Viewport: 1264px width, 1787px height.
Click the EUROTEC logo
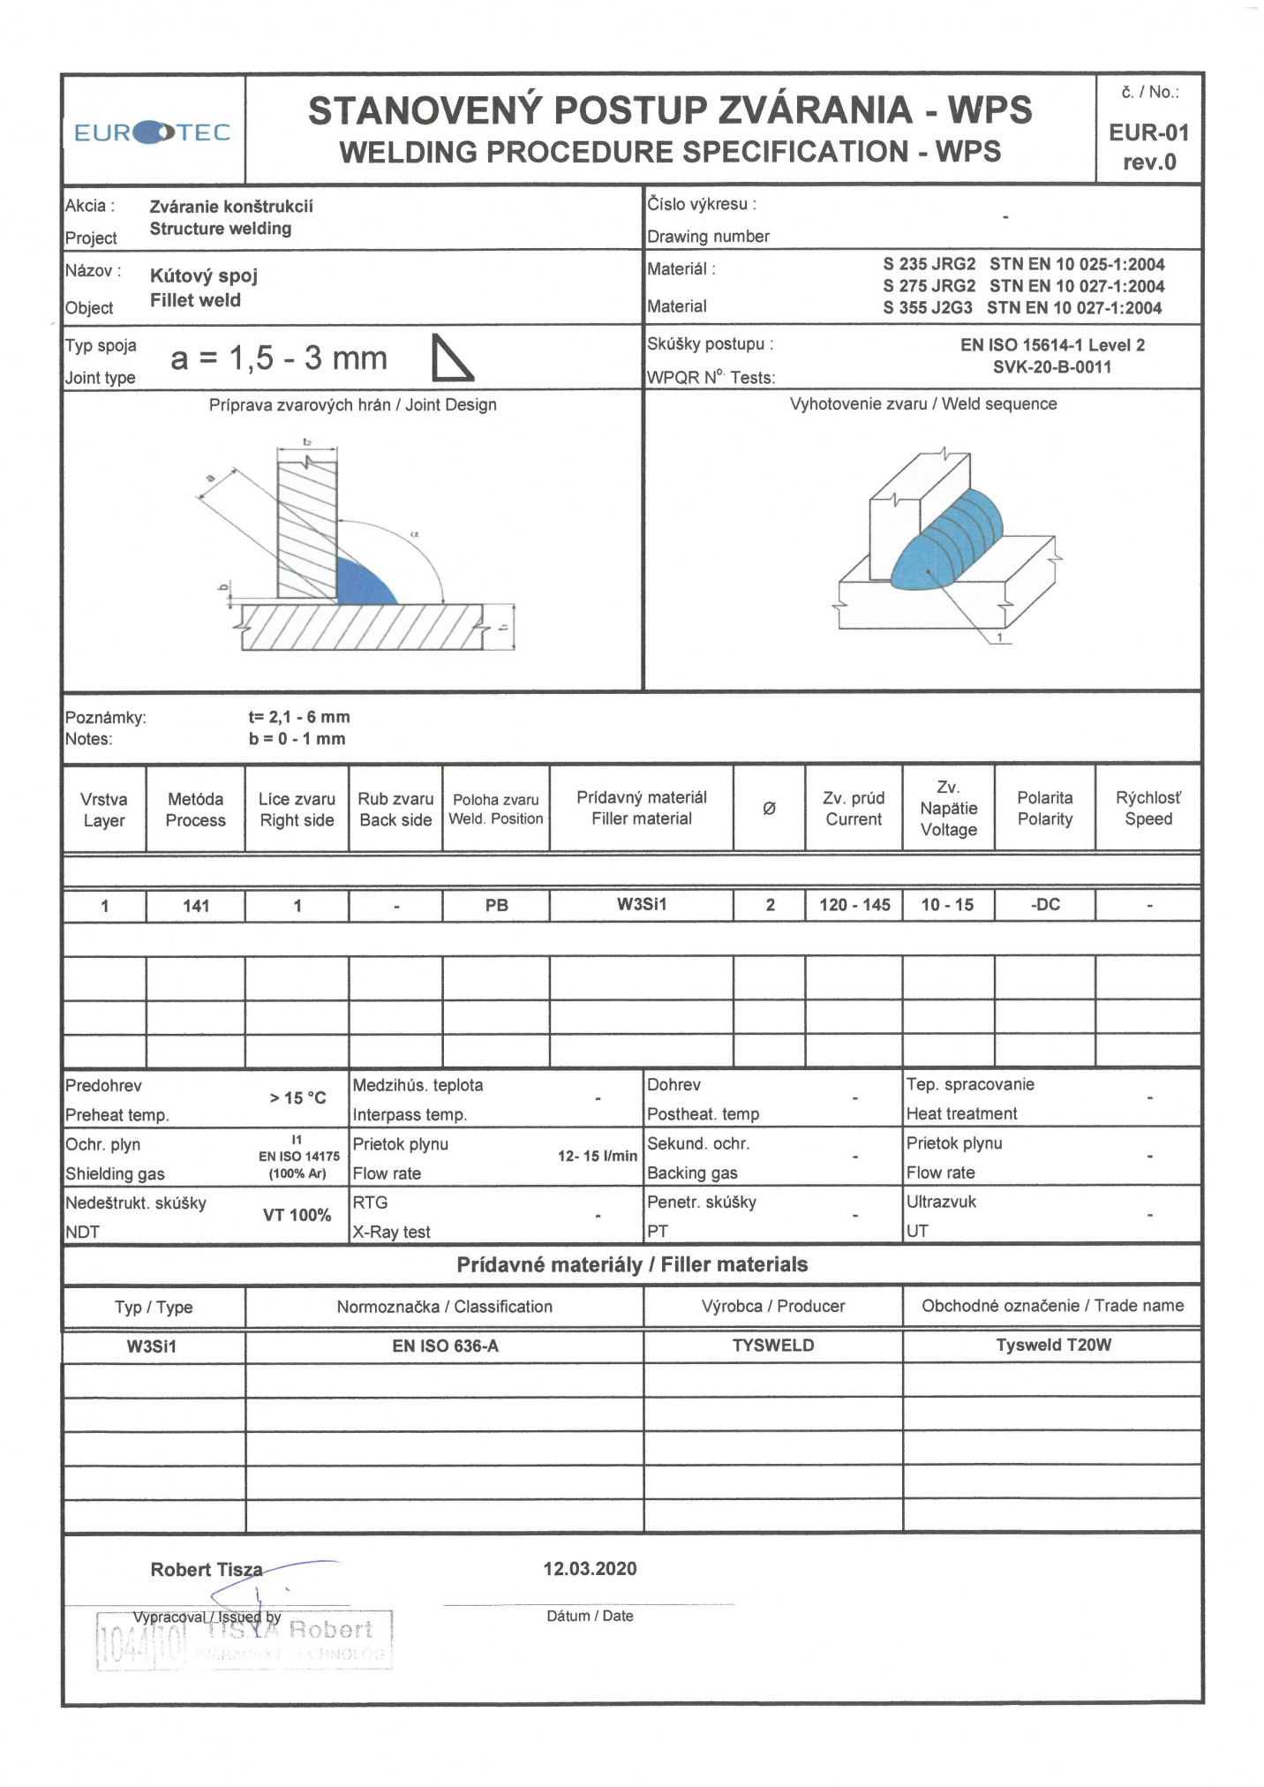152,132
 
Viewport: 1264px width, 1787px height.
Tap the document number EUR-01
1148,133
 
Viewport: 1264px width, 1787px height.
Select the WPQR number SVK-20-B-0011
1052,367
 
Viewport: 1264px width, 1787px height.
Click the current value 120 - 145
854,905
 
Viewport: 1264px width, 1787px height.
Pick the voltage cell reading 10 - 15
947,905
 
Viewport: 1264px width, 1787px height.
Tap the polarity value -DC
1045,905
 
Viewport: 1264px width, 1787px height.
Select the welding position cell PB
497,906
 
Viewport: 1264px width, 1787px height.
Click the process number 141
196,906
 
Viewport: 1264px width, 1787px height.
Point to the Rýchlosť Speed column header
1147,809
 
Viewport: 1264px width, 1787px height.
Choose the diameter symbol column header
769,809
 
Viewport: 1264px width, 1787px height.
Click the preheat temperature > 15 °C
297,1098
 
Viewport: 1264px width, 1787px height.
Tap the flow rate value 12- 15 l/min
597,1157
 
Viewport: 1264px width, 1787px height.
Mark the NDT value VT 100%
297,1216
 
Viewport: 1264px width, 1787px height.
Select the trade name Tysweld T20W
1053,1346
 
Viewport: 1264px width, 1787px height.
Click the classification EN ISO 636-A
445,1346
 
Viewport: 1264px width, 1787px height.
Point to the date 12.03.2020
590,1569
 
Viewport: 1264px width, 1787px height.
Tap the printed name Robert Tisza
207,1570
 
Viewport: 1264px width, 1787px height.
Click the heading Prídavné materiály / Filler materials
632,1265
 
